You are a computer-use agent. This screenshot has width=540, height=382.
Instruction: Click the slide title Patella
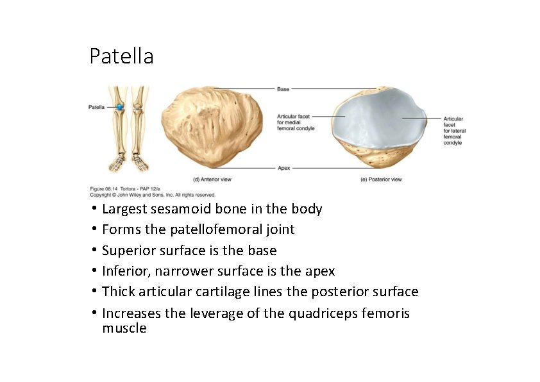point(121,56)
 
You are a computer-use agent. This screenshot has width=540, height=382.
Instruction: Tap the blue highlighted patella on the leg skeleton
point(119,106)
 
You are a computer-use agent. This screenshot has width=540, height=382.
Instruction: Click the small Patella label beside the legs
point(97,107)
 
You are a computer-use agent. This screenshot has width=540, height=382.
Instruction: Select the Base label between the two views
point(283,88)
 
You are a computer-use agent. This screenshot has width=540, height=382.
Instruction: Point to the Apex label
point(283,168)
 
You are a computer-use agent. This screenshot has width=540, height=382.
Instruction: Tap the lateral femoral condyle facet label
point(454,131)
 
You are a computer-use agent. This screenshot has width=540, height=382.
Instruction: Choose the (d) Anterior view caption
point(212,179)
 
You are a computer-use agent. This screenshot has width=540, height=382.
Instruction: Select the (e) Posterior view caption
point(382,179)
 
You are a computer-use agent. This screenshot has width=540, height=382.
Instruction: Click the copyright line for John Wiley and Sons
point(153,195)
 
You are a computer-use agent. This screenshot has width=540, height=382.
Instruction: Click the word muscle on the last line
point(124,329)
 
